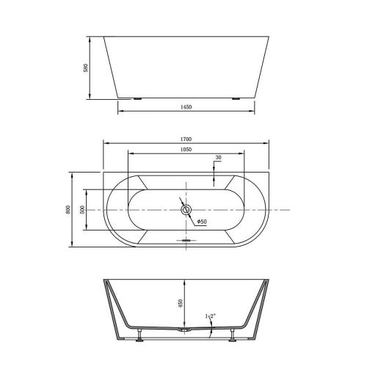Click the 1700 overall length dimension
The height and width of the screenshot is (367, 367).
point(186,139)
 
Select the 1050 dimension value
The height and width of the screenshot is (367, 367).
point(186,149)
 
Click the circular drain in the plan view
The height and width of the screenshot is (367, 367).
point(186,211)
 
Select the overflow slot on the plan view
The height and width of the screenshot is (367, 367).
point(186,238)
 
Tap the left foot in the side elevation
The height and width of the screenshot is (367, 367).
point(137,98)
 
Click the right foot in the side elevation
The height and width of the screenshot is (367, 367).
point(236,98)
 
